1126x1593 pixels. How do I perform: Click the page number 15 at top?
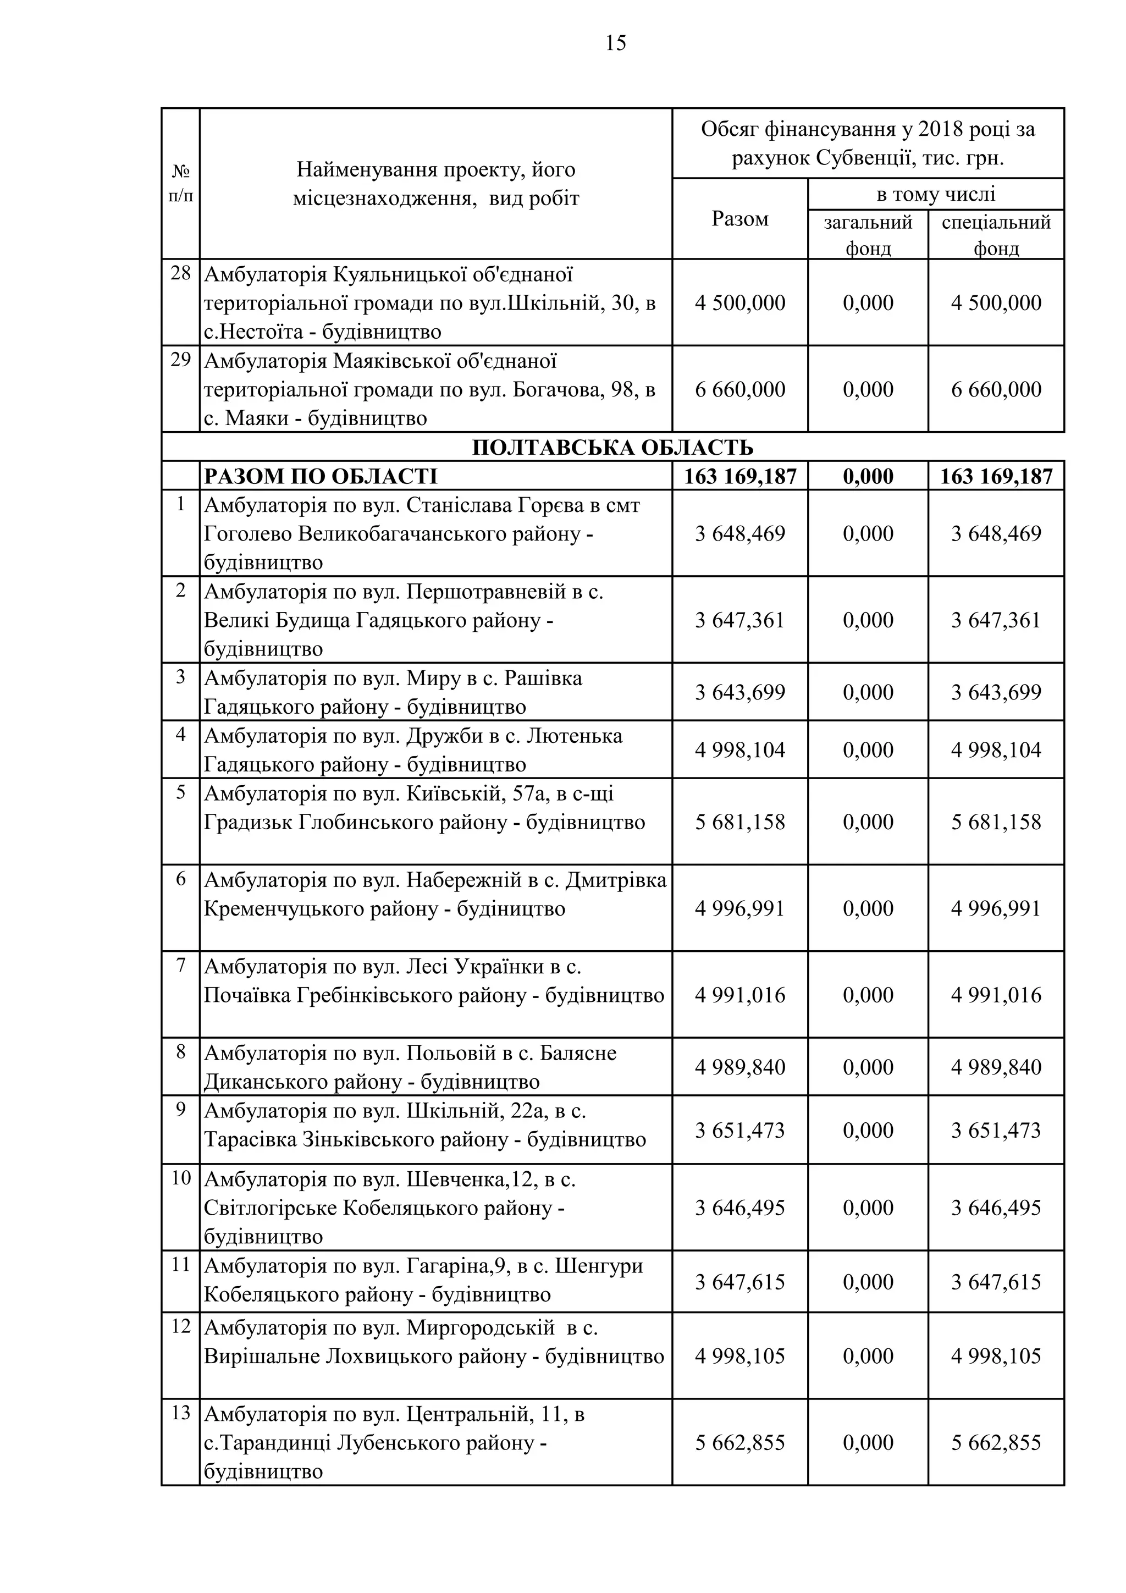click(615, 43)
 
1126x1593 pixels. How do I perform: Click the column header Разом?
click(739, 219)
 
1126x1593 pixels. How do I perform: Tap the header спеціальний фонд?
click(996, 235)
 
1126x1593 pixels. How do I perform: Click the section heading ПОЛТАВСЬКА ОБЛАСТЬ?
click(612, 448)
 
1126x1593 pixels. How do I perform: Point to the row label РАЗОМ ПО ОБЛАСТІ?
click(321, 477)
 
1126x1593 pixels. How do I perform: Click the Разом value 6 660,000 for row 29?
click(739, 389)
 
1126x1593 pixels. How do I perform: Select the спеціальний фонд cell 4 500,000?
click(996, 303)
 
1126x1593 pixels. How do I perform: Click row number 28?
click(180, 273)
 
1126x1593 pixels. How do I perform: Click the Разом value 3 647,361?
click(739, 620)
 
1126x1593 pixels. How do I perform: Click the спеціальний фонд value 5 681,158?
click(996, 822)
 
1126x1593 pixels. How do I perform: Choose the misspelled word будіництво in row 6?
click(511, 909)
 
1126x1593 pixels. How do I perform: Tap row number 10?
click(180, 1178)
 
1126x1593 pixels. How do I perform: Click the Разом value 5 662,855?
click(739, 1443)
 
